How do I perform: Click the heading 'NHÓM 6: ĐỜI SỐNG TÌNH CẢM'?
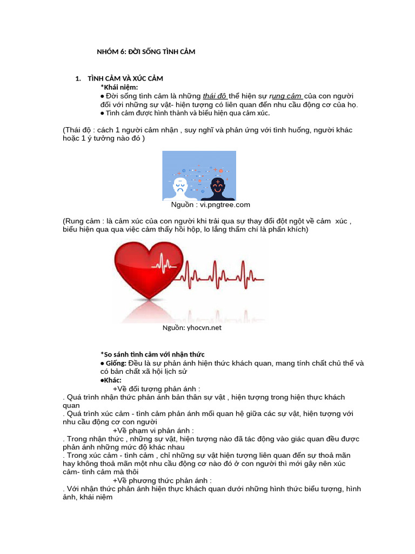pos(146,52)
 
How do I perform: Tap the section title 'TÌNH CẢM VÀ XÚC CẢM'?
pos(125,79)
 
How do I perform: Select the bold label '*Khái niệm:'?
pos(119,87)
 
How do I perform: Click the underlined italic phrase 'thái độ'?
pos(216,96)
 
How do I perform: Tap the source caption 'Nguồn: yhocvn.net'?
pos(192,327)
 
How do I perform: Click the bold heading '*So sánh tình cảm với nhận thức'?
pos(152,354)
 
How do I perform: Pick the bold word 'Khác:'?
pos(113,380)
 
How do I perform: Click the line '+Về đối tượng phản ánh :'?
pos(156,388)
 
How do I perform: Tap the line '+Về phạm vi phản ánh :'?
pos(153,431)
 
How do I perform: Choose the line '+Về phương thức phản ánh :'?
pos(162,480)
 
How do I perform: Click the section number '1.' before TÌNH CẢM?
pos(78,79)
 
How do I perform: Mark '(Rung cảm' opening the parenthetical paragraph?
pos(82,221)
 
